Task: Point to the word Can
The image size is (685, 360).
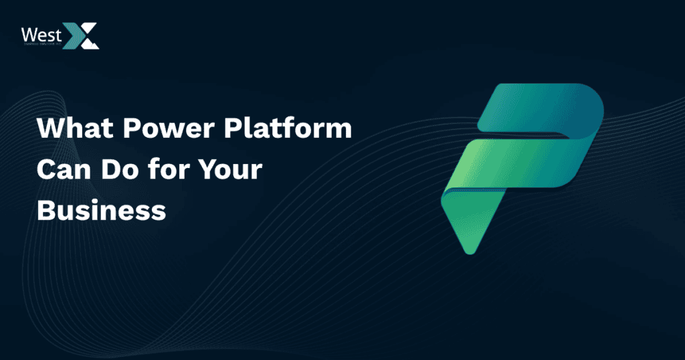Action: [x=62, y=170]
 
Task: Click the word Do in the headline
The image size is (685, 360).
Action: [x=120, y=170]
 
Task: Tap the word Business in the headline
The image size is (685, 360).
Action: [x=101, y=210]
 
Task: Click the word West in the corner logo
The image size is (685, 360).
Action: [x=41, y=33]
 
